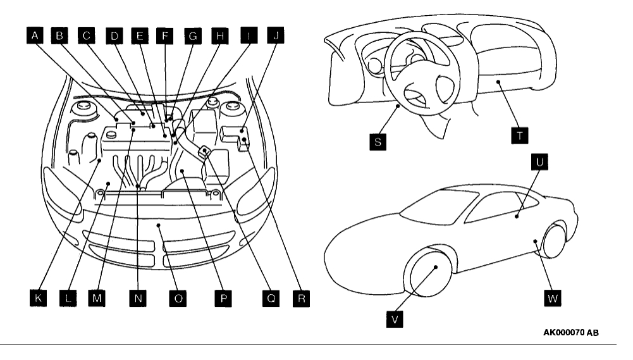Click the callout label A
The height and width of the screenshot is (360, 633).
(x=35, y=36)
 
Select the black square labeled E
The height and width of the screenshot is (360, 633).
(x=140, y=36)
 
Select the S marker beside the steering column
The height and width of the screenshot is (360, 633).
(x=378, y=142)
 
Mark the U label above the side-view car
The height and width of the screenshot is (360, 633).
(x=542, y=163)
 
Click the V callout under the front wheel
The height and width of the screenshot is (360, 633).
(x=395, y=319)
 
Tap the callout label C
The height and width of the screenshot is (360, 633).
(x=87, y=36)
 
